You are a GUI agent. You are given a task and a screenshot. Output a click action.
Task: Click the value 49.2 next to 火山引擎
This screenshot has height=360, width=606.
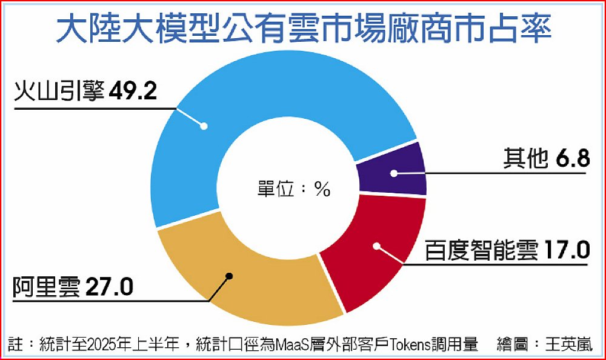click(x=135, y=93)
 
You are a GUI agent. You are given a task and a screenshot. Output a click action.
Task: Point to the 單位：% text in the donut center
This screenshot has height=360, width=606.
click(x=290, y=188)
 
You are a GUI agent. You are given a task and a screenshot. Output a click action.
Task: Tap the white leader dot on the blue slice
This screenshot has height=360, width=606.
click(x=204, y=126)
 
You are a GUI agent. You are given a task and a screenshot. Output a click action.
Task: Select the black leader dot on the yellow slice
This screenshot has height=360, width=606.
click(x=230, y=276)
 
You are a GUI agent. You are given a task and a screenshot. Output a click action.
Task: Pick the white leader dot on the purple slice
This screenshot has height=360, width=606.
click(x=393, y=173)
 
